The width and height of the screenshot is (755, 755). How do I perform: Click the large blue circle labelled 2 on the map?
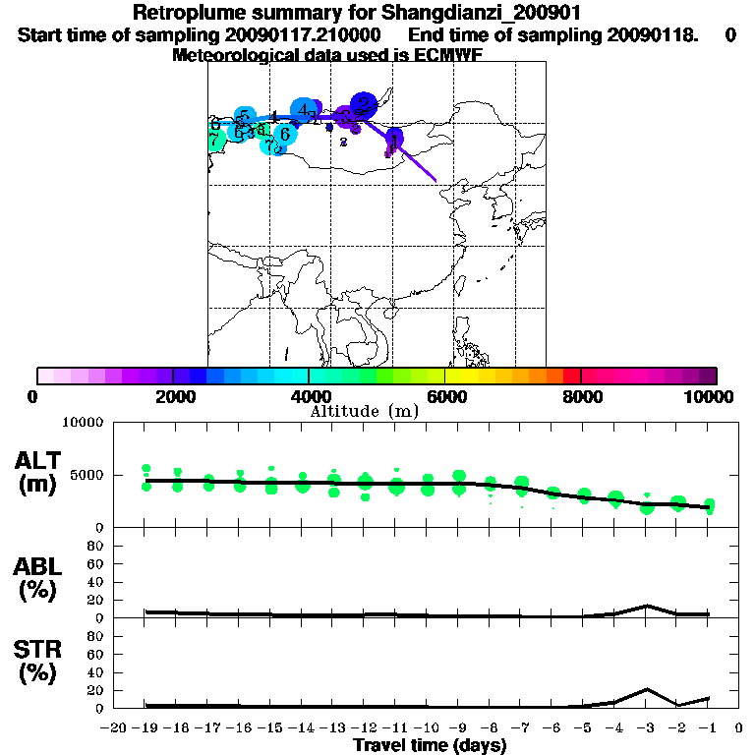point(364,103)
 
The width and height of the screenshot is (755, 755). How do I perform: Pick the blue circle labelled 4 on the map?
point(304,109)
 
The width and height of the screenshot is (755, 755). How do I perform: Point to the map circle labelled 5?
point(245,116)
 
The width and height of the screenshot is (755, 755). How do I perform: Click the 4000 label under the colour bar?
point(308,396)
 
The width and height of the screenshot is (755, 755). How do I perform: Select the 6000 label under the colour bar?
point(445,396)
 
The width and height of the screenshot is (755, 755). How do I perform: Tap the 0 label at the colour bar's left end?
point(33,396)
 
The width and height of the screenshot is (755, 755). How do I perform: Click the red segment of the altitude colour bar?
point(570,376)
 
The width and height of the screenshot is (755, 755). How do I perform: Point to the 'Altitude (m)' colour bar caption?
point(364,411)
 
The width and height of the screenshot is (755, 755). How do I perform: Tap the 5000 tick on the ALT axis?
point(87,476)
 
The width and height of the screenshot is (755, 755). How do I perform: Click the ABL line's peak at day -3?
point(647,606)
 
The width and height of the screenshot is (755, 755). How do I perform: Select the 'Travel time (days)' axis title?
point(430,745)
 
